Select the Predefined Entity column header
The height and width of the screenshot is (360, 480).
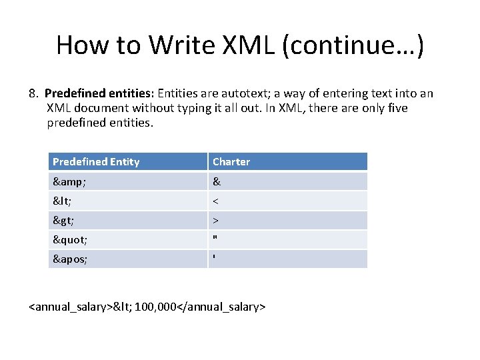click(96, 162)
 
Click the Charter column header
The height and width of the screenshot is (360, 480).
click(231, 162)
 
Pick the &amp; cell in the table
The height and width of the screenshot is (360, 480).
click(69, 181)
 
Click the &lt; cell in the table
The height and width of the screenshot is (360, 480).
click(62, 201)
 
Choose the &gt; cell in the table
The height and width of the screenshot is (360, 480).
click(63, 220)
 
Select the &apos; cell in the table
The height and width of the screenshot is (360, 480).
click(70, 259)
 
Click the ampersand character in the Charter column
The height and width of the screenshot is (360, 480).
click(216, 181)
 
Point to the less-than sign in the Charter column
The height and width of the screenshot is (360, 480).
click(215, 201)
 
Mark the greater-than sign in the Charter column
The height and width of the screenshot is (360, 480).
click(215, 220)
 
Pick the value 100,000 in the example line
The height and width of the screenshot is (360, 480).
click(155, 307)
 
